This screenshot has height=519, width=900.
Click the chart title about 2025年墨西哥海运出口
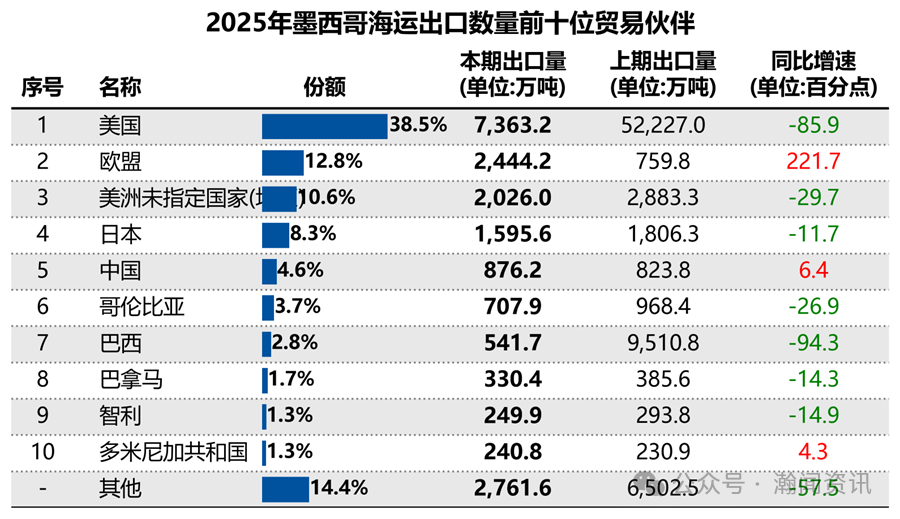click(450, 23)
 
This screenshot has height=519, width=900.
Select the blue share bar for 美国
click(324, 126)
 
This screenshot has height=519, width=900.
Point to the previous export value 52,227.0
click(662, 126)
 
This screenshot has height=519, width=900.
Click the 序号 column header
click(42, 87)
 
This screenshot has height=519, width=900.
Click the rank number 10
click(42, 452)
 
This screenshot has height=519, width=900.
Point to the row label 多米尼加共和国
click(173, 452)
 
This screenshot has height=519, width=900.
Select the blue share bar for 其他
click(285, 489)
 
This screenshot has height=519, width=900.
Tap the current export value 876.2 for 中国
click(514, 271)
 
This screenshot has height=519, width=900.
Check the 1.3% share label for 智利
click(290, 416)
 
